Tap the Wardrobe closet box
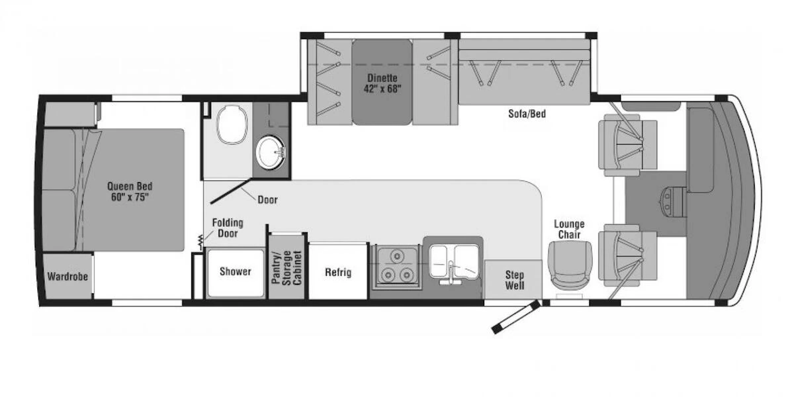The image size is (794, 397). [67, 276]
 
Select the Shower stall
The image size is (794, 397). [235, 272]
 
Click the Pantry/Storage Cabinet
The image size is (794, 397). [287, 267]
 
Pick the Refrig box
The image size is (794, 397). [337, 272]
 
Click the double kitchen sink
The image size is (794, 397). [453, 264]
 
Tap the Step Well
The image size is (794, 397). [514, 280]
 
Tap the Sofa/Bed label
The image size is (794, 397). [527, 114]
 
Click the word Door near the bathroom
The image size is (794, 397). [267, 199]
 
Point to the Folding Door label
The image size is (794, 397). [228, 228]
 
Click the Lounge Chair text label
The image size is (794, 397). [569, 230]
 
